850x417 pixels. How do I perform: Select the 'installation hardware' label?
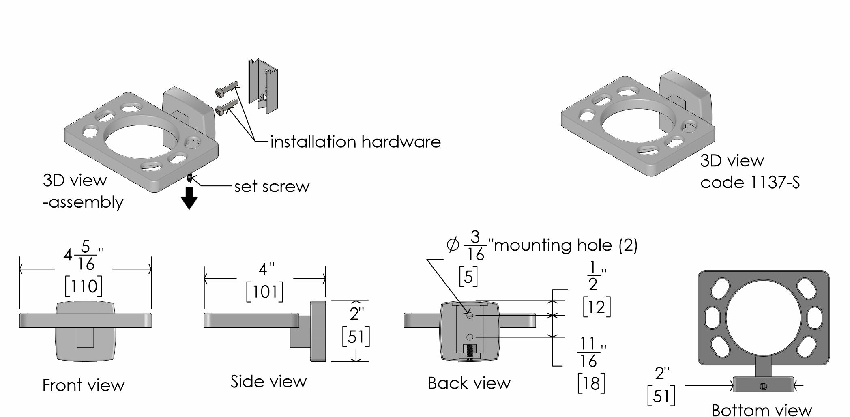[355, 142]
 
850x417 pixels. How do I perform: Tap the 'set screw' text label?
[272, 187]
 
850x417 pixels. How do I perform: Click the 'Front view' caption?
[83, 385]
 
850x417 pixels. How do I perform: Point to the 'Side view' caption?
[268, 382]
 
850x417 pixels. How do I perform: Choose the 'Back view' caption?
[469, 383]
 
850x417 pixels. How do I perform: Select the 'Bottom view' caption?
[761, 410]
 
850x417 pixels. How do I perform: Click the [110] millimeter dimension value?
[84, 286]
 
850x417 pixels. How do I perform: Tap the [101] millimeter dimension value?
[264, 292]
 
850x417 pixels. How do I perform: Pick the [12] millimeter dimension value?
[596, 307]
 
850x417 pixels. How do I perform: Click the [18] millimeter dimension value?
[591, 383]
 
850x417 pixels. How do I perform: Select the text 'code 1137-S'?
[750, 183]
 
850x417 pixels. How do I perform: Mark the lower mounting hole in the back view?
[470, 337]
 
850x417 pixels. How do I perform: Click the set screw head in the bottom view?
[764, 386]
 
